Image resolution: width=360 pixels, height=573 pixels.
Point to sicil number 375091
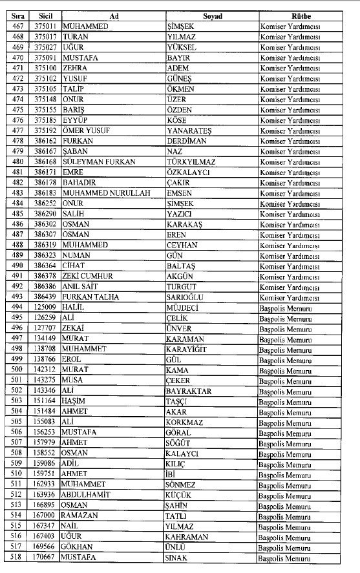point(47,57)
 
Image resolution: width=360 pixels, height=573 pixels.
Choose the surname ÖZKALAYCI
point(188,172)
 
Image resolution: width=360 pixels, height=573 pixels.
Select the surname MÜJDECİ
point(184,307)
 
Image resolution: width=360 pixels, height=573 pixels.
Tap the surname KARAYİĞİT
point(187,349)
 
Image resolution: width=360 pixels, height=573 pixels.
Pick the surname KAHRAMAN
point(187,536)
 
